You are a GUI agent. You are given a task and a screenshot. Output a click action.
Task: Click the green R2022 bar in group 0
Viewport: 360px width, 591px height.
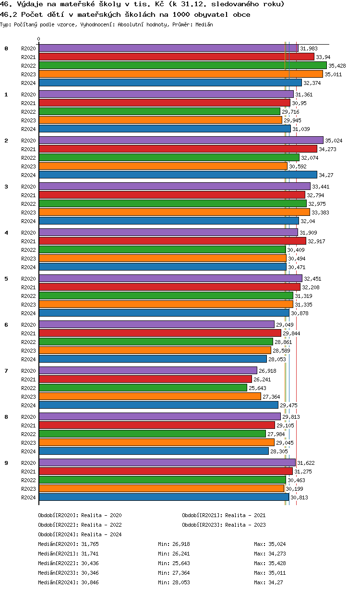pos(182,66)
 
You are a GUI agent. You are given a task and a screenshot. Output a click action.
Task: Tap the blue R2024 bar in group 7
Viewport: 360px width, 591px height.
pos(158,405)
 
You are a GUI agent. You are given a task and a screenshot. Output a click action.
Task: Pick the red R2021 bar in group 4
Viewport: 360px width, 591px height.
pos(172,241)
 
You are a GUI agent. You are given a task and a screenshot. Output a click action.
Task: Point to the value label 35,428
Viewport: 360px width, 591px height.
pos(337,66)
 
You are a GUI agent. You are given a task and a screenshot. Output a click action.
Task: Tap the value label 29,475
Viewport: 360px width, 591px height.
pos(288,405)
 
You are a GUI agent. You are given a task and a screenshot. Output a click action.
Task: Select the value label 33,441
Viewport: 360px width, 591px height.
pos(321,187)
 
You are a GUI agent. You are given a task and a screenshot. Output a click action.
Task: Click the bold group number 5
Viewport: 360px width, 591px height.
pos(6,279)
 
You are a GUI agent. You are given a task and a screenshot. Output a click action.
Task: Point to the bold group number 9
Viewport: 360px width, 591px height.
pos(6,463)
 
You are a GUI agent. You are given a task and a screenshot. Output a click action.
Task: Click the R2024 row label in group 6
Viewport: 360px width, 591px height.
pos(28,359)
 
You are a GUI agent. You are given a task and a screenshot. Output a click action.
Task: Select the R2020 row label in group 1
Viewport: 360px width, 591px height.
pos(28,95)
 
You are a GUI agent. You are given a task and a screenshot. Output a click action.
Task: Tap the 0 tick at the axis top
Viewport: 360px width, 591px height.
pos(39,39)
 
